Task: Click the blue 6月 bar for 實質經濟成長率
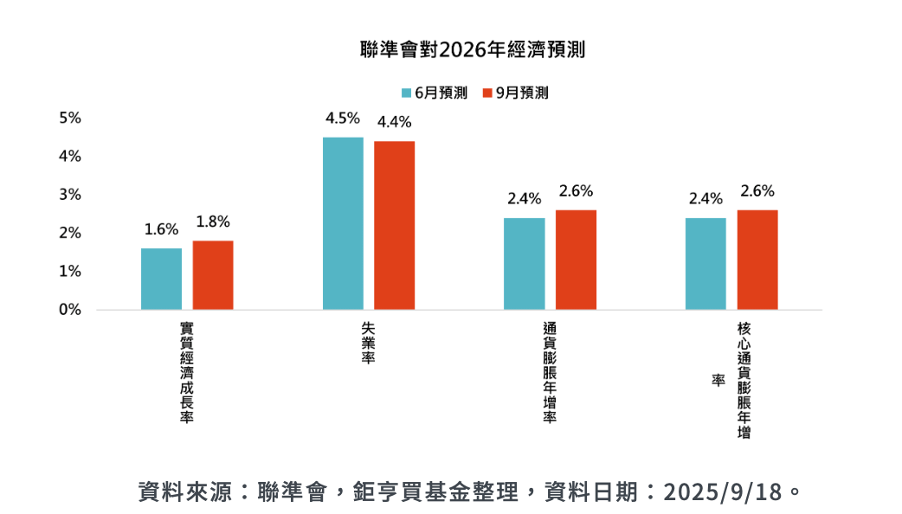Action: (x=162, y=279)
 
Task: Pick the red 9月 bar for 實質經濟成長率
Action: (x=213, y=275)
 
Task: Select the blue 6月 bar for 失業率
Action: (x=343, y=223)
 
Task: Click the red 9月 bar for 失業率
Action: (x=395, y=225)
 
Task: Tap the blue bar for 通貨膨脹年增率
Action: (x=525, y=263)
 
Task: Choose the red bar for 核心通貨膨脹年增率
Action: (x=757, y=260)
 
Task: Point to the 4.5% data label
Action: (x=343, y=119)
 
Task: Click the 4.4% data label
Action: (x=395, y=122)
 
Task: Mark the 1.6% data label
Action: (x=161, y=229)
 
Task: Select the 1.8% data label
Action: (x=213, y=222)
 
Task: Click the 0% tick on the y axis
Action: (x=70, y=310)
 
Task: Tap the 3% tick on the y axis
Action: (x=70, y=195)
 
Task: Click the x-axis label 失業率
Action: (x=368, y=342)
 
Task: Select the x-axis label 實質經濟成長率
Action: (x=186, y=372)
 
